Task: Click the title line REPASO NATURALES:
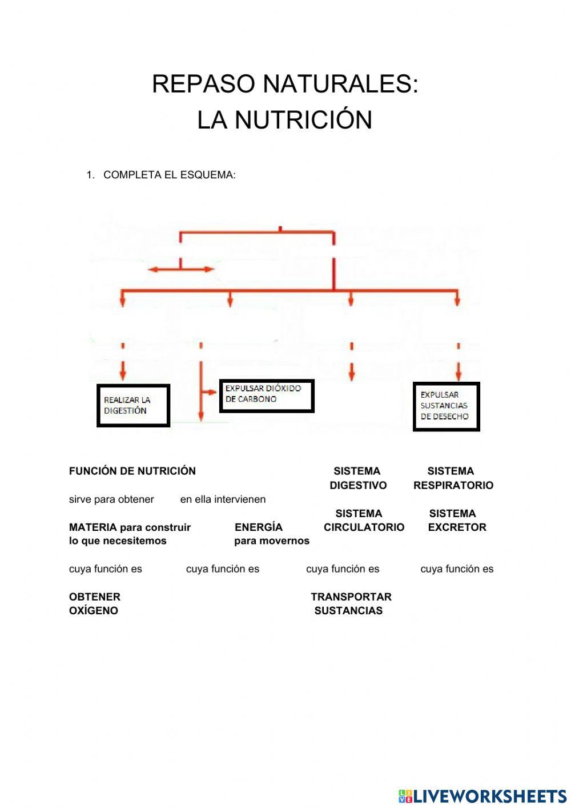pos(285,84)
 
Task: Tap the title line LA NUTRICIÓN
pos(285,120)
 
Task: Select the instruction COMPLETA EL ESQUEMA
pos(169,175)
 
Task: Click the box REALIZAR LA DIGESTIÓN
pos(133,405)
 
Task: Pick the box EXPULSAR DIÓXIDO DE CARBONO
pos(267,395)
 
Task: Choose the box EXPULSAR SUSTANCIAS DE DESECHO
pos(446,406)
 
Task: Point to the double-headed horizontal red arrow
pos(180,269)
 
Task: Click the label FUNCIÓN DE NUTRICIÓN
pos(132,471)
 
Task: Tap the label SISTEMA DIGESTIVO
pos(357,478)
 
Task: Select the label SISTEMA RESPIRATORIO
pos(453,478)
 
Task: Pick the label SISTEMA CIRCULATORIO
pos(363,521)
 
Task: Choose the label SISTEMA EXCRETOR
pos(456,521)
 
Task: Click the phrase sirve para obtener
pos(111,499)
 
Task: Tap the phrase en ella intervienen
pos(223,499)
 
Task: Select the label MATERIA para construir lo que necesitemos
pos(130,534)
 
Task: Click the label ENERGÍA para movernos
pos(271,534)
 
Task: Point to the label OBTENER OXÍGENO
pos(94,604)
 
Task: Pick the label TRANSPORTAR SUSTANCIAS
pos(351,604)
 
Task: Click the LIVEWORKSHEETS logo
pos(482,796)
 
